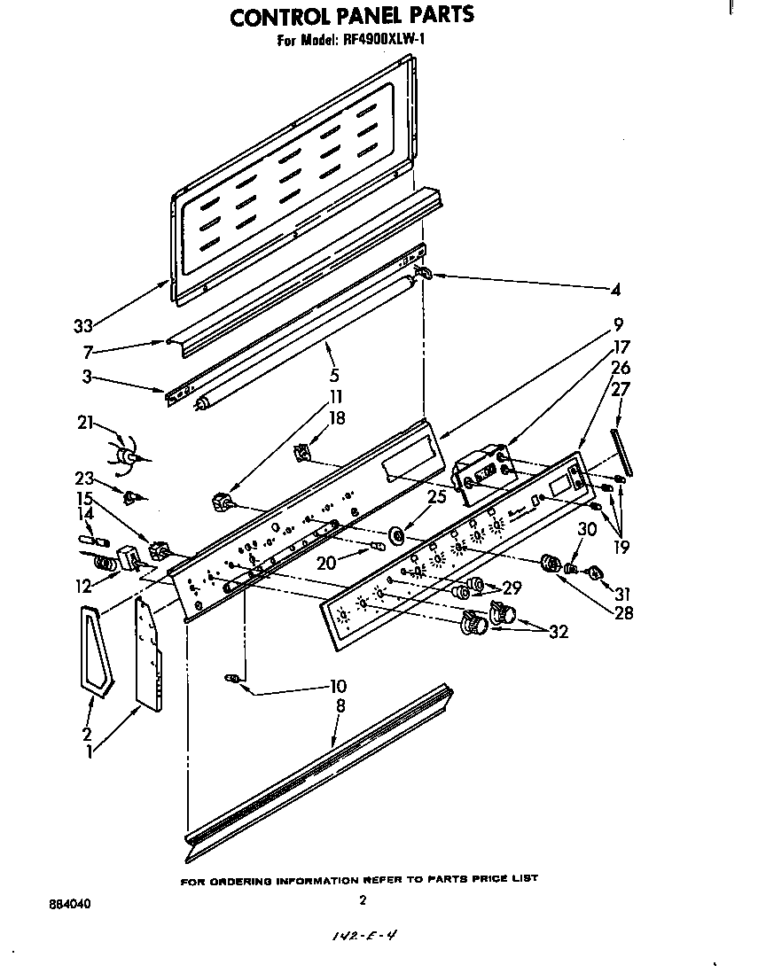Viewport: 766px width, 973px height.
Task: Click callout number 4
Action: pyautogui.click(x=615, y=289)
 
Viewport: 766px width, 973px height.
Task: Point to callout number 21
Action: pyautogui.click(x=84, y=424)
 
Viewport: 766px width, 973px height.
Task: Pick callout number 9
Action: pyautogui.click(x=619, y=323)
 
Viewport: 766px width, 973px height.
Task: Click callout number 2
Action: pyautogui.click(x=87, y=733)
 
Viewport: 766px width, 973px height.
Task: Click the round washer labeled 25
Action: pyautogui.click(x=395, y=534)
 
